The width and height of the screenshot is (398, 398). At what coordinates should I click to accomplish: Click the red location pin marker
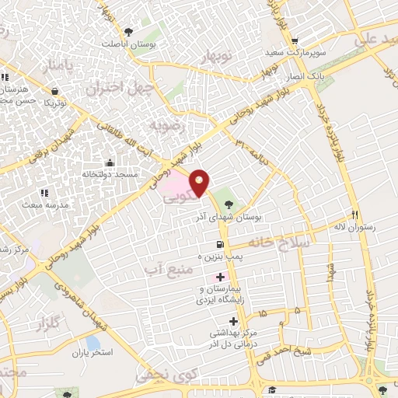[201, 182]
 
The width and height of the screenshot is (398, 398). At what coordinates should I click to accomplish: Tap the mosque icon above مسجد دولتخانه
[110, 163]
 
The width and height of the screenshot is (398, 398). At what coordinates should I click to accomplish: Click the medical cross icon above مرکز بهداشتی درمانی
[233, 321]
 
